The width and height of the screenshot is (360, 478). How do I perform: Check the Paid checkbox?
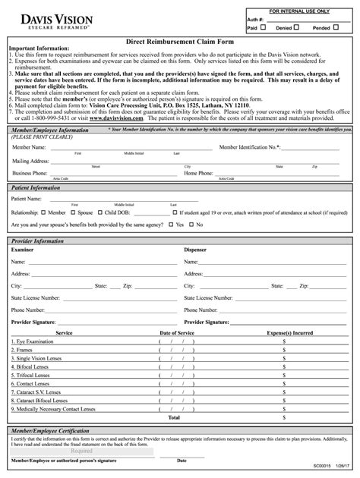point(263,27)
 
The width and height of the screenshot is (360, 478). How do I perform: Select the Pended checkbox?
point(336,27)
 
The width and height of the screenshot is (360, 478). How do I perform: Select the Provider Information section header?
point(38,241)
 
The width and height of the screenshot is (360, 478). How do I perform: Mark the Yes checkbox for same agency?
point(171,225)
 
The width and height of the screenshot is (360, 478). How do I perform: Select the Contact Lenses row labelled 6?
point(30,384)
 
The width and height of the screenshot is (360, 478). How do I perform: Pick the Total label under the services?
point(174,417)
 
